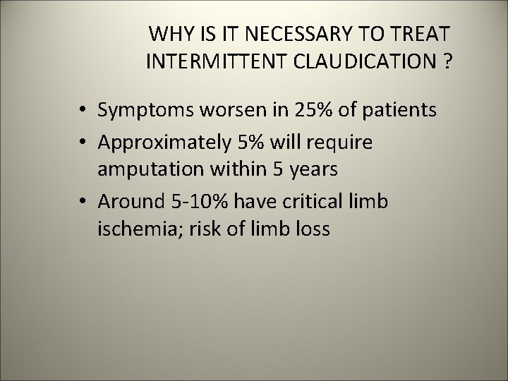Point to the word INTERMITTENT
[x=209, y=61]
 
